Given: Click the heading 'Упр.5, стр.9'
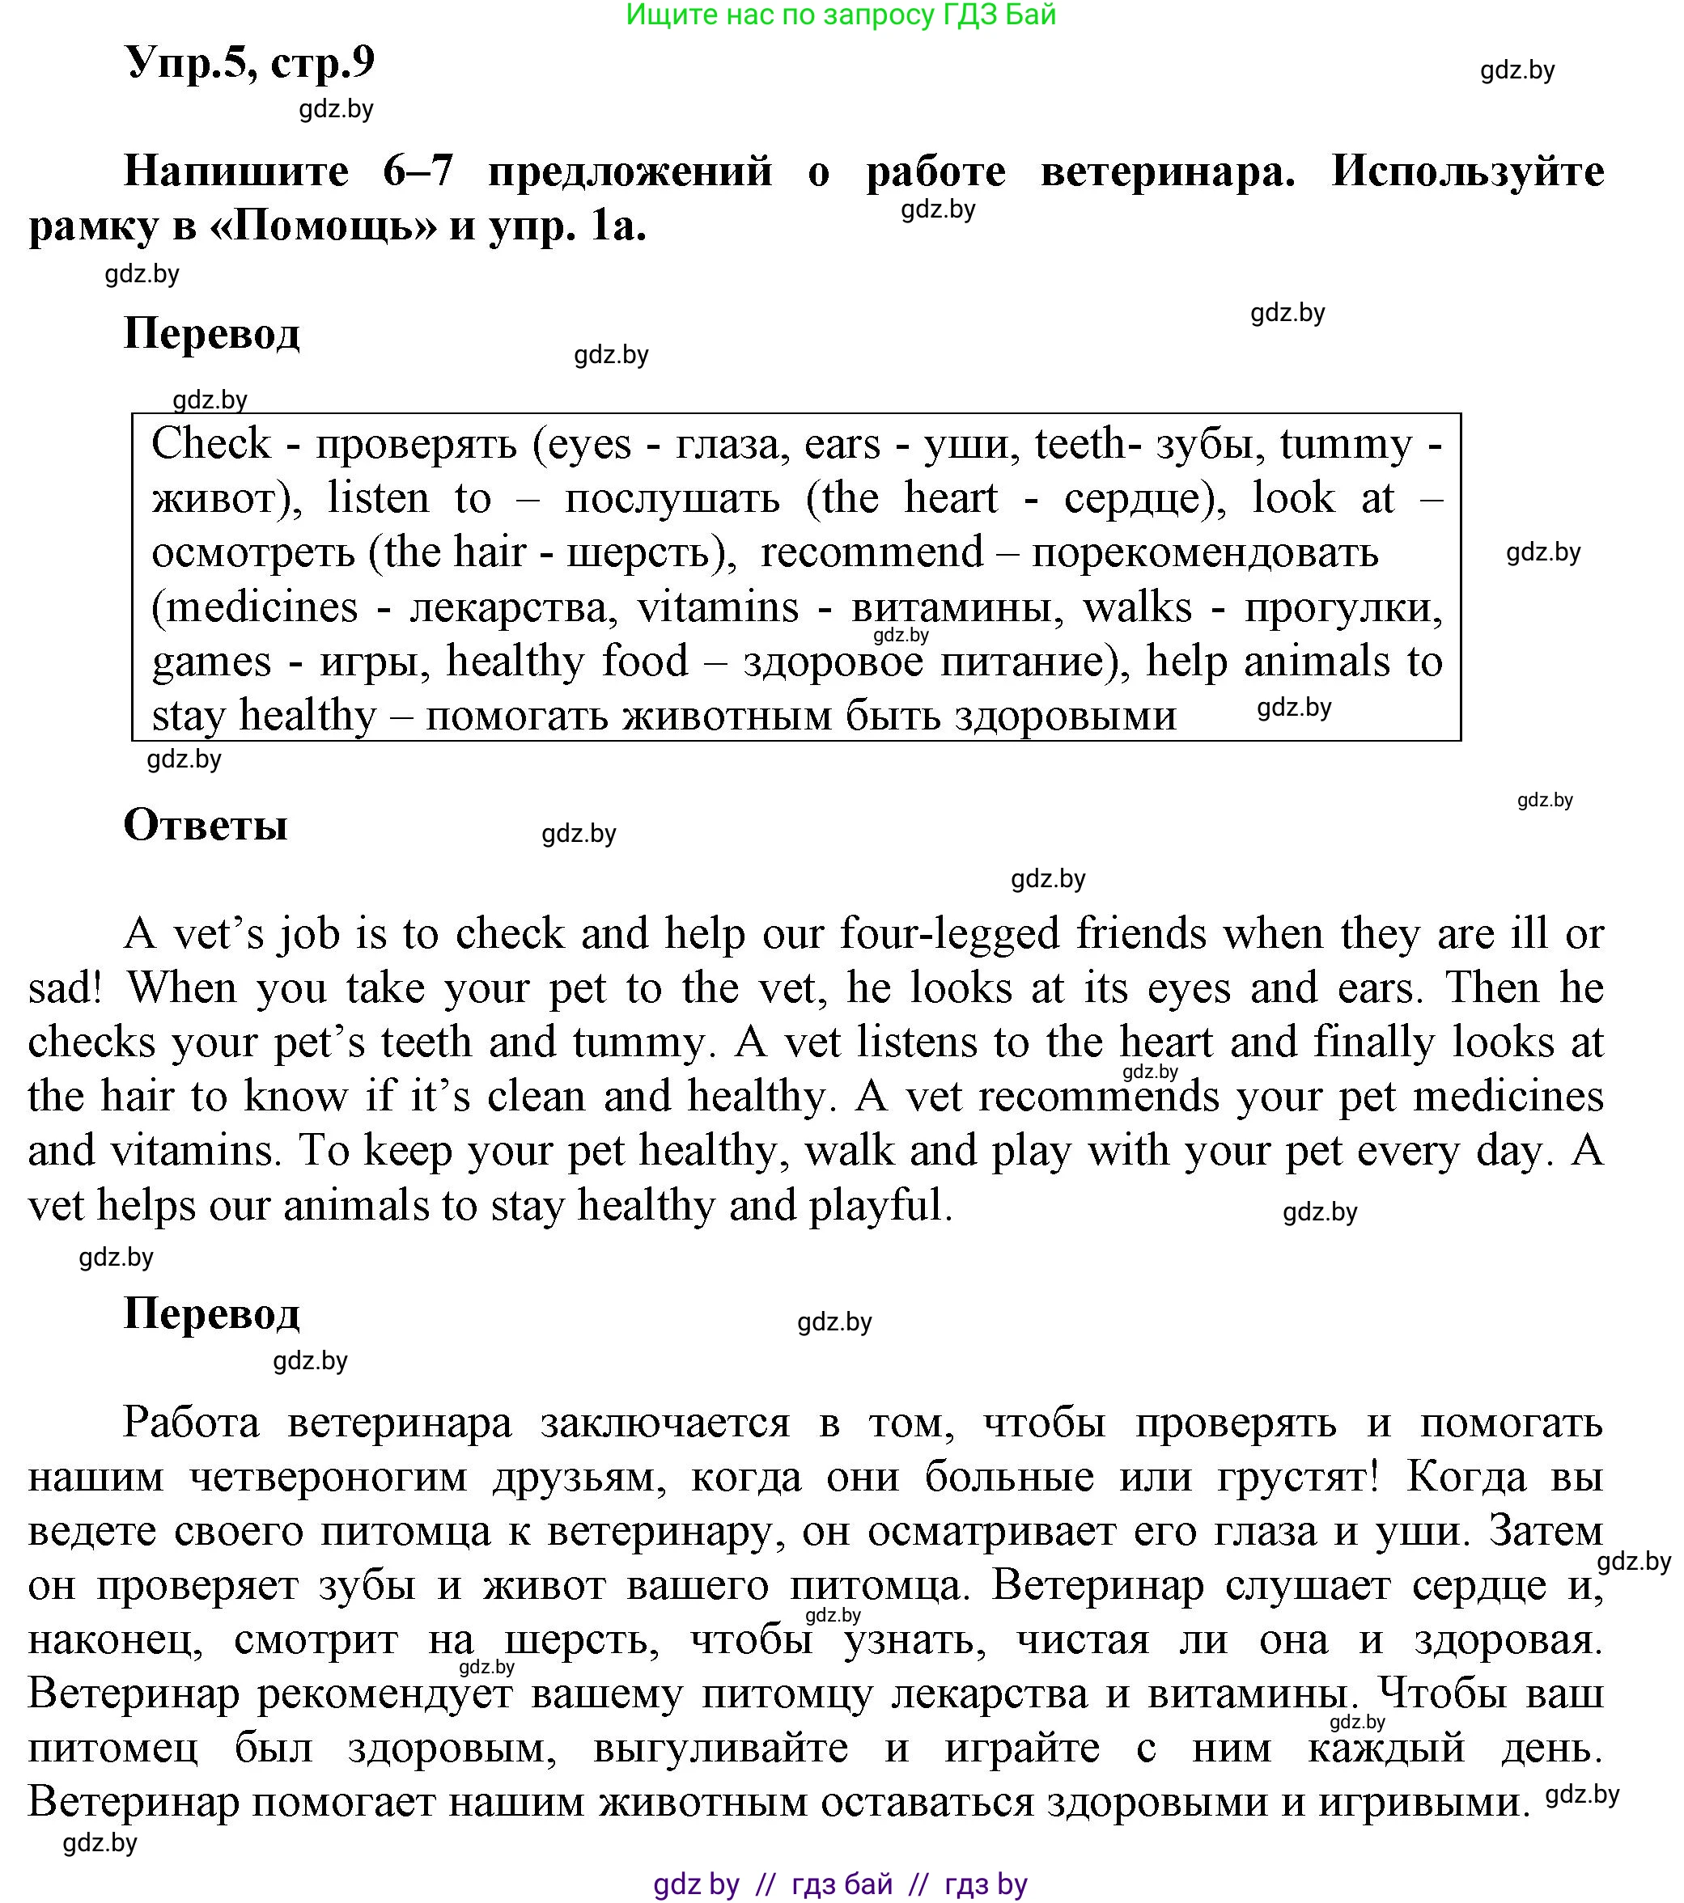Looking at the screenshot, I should click(x=248, y=63).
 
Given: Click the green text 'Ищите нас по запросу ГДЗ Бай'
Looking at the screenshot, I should click(x=840, y=15).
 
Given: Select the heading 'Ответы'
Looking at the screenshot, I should click(x=206, y=825).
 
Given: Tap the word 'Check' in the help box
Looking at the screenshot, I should click(x=210, y=443).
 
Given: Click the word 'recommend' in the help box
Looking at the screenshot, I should click(x=872, y=552).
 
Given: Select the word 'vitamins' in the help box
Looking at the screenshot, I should click(x=717, y=607).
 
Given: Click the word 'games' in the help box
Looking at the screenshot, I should click(x=211, y=662).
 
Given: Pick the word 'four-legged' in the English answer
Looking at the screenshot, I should click(x=950, y=932).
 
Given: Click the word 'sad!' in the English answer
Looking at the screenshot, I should click(x=64, y=987).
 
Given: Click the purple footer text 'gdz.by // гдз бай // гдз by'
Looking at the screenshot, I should click(x=840, y=1884).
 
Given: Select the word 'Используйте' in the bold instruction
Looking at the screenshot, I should click(x=1467, y=171).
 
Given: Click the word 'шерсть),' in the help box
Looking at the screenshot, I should click(x=652, y=552).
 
